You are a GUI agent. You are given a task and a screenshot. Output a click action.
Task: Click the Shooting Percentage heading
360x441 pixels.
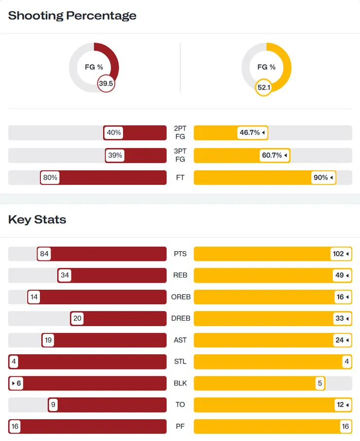coord(72,16)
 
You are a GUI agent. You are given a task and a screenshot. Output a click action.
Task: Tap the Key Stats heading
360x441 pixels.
coord(37,220)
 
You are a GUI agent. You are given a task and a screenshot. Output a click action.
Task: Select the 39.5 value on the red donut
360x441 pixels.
coord(106,84)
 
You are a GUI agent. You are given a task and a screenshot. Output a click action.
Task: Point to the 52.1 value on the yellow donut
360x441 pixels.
coord(263,87)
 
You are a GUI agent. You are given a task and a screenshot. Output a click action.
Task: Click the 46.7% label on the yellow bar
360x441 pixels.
coord(252,132)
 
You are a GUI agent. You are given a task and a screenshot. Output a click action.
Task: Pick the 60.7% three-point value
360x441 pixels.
coord(275,156)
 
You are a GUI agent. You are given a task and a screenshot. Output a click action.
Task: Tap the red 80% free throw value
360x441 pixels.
coord(50,178)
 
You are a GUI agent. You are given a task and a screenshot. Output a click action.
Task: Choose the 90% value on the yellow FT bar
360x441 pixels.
coord(323,178)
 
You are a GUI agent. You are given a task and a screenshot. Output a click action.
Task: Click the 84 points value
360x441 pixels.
coord(45,254)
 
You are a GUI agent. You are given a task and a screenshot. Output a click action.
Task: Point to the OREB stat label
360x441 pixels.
coord(180,297)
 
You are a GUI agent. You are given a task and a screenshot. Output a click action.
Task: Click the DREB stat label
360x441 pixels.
coord(180,318)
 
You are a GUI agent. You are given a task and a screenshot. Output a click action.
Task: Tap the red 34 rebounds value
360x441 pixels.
coord(65,276)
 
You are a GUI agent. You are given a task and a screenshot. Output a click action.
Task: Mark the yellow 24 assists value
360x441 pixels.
coord(342,340)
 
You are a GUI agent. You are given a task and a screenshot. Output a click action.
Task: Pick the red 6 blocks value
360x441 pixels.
coord(17,383)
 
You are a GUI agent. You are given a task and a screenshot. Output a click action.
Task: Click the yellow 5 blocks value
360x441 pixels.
coord(320,383)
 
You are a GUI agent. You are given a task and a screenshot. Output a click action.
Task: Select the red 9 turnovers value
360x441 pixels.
coord(53,404)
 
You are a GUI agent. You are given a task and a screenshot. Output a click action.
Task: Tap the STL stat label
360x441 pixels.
coord(180,362)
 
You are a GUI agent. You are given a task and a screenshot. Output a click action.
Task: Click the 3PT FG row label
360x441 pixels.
coord(180,156)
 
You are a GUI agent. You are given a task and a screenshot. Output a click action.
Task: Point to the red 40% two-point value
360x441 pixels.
coord(114,132)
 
